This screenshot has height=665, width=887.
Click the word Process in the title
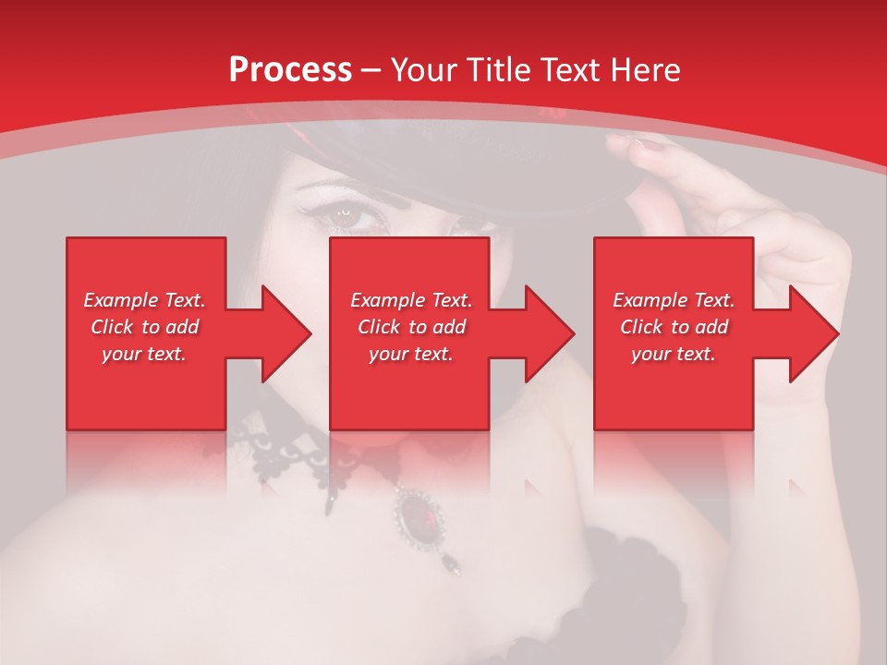point(290,70)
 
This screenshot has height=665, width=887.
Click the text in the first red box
point(144,327)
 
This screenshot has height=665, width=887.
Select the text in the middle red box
point(411,327)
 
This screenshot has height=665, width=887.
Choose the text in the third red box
point(674,327)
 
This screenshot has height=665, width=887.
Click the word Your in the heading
point(425,70)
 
